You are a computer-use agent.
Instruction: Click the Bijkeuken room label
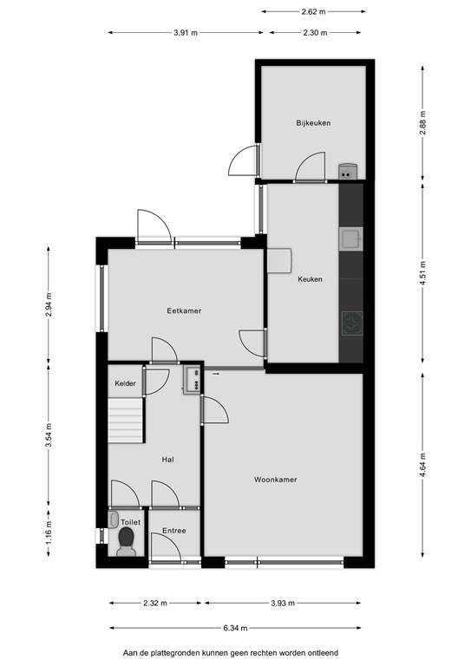click(x=313, y=123)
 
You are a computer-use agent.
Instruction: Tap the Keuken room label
click(x=310, y=279)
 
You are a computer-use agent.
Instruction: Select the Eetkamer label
click(x=184, y=310)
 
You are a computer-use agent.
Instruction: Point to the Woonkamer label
click(x=276, y=480)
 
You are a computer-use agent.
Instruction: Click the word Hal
click(x=167, y=459)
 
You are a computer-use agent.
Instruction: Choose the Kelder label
click(x=125, y=383)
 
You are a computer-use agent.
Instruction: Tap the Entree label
click(x=174, y=531)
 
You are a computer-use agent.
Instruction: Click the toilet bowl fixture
click(x=126, y=542)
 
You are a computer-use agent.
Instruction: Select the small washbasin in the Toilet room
click(x=113, y=519)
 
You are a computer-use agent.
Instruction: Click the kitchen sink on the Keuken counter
click(x=350, y=238)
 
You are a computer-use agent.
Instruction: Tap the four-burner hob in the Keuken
click(x=352, y=323)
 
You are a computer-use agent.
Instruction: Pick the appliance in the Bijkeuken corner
click(x=348, y=171)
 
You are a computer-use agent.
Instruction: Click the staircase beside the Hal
click(x=125, y=421)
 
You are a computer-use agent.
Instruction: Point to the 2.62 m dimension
click(x=313, y=12)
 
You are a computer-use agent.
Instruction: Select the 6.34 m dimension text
click(x=235, y=628)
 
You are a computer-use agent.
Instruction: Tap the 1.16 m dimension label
click(x=49, y=532)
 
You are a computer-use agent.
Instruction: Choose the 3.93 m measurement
click(x=283, y=604)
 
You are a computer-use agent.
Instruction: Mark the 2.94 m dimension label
click(x=49, y=304)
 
